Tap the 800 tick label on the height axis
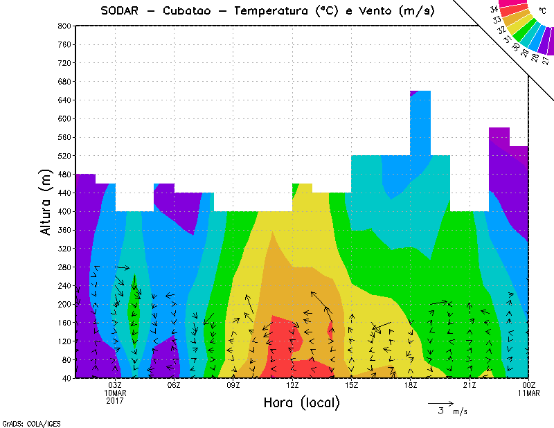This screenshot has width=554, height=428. (64, 26)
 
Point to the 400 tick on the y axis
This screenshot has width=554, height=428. (64, 211)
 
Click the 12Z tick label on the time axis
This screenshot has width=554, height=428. (292, 385)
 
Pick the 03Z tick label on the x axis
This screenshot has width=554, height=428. (115, 385)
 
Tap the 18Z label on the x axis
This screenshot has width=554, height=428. (411, 385)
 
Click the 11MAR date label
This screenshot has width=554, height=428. (528, 393)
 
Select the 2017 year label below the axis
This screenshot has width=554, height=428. (115, 401)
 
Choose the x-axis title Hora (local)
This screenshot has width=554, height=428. (301, 402)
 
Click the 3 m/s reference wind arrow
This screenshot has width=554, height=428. (440, 402)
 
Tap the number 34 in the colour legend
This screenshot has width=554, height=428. (494, 9)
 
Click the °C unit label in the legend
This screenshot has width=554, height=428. (542, 12)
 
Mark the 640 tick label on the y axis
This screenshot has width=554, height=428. (64, 100)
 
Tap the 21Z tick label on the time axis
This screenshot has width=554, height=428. (470, 385)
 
